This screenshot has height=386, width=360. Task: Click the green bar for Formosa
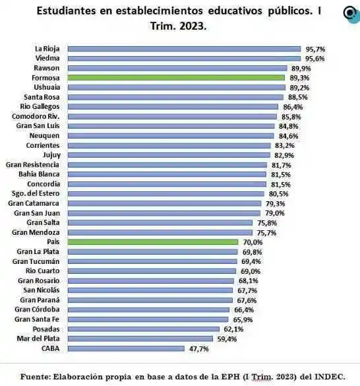[x=177, y=77]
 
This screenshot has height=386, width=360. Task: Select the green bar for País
[x=153, y=242]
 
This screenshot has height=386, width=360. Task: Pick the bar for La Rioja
[x=185, y=49]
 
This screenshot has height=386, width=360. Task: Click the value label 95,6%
[x=315, y=58]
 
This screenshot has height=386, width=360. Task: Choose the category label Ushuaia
[x=45, y=87]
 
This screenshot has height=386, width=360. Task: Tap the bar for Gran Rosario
[x=151, y=280]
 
